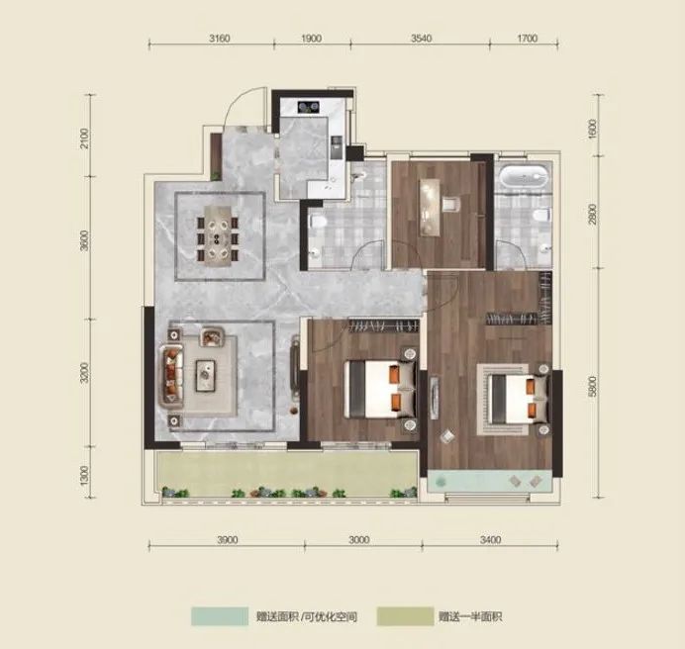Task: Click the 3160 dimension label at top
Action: [x=220, y=39]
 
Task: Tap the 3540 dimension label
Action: [x=421, y=39]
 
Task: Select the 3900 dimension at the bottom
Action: [x=227, y=540]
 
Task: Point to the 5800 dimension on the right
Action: [x=592, y=387]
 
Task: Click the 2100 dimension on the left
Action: [x=84, y=138]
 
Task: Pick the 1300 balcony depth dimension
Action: [x=84, y=475]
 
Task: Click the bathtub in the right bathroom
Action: [x=524, y=176]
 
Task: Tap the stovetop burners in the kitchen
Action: [x=309, y=107]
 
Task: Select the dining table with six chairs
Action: [x=218, y=235]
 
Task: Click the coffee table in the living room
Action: [x=205, y=375]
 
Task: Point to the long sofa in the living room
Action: [x=171, y=376]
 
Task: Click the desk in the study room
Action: [x=430, y=207]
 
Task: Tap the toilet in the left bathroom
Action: [x=318, y=222]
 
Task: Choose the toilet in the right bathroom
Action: [x=541, y=215]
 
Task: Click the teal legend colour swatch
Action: [x=220, y=616]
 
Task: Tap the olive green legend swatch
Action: [x=405, y=616]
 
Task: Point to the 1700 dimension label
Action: [x=527, y=39]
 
